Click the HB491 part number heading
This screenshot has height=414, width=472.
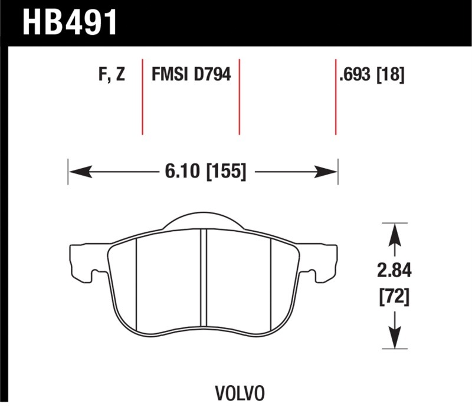coord(70,22)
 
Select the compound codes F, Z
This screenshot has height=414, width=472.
coord(112,74)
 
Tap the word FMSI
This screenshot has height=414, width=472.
coord(170,74)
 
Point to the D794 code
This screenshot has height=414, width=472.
coord(212,74)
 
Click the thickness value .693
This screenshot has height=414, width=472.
coord(355,74)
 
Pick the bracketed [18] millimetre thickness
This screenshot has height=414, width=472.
coord(391,74)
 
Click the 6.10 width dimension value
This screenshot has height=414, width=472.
coord(182,172)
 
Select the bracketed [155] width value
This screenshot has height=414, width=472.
coord(226,172)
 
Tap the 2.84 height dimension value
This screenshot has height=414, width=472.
coord(394,271)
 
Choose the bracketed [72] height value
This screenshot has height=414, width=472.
coord(394,298)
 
